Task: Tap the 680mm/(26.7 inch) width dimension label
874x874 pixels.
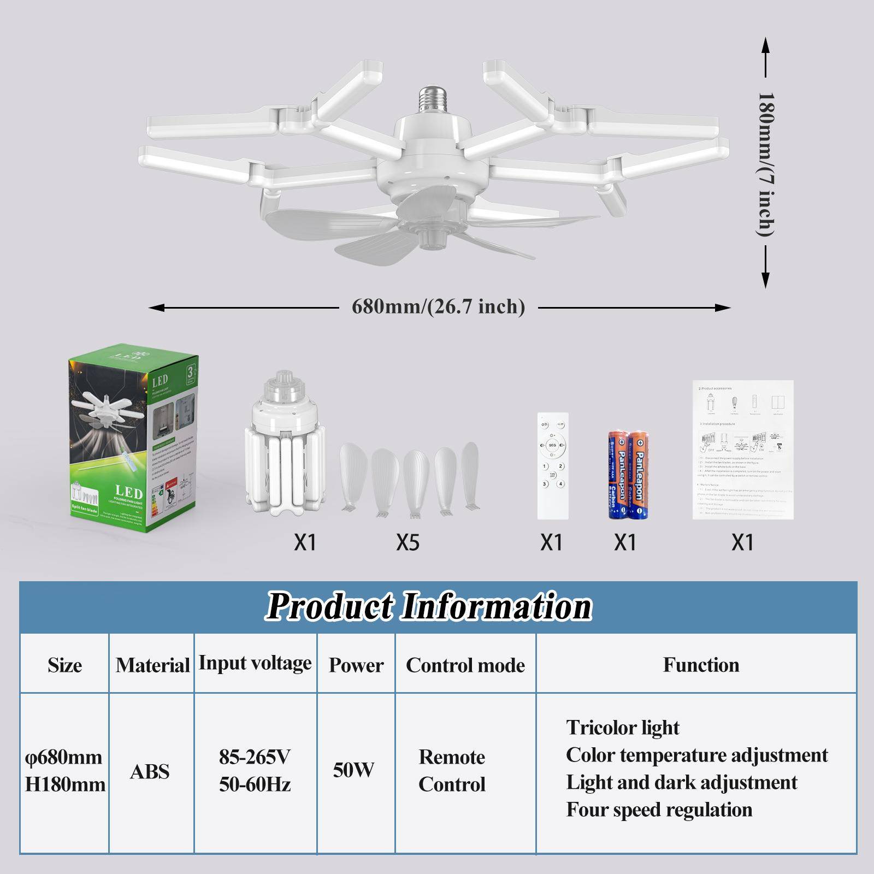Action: (438, 306)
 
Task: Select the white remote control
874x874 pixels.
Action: (553, 465)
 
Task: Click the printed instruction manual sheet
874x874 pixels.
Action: (743, 449)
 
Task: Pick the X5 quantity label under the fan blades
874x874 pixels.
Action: (408, 542)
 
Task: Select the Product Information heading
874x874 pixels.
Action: (429, 606)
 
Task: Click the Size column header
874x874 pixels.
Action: (64, 665)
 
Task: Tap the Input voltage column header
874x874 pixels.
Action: (255, 663)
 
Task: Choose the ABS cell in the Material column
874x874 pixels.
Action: (150, 771)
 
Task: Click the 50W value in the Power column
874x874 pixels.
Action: (354, 770)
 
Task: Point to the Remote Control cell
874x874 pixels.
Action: (452, 770)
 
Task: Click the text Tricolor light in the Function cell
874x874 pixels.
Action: (622, 728)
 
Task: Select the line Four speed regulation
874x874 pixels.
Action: (659, 810)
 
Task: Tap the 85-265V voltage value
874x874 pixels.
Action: (255, 757)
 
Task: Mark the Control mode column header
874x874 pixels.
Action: (465, 665)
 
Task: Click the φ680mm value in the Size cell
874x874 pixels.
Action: (64, 757)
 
